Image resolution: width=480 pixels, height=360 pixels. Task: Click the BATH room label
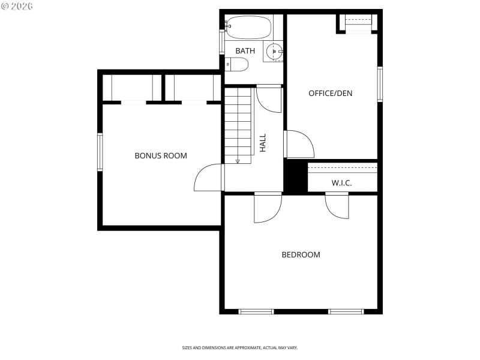(x=245, y=51)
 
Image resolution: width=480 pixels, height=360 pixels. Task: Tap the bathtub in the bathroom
(x=249, y=28)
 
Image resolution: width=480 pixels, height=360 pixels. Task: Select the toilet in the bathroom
(x=237, y=64)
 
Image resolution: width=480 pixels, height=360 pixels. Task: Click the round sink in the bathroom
(x=275, y=52)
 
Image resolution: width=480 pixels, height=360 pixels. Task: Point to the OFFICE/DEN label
(x=330, y=93)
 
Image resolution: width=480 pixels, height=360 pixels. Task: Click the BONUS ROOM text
(x=160, y=155)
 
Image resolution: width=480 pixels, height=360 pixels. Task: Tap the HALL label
(x=262, y=142)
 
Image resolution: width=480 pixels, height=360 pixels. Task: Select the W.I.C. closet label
(x=341, y=182)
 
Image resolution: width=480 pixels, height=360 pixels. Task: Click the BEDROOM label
(x=301, y=254)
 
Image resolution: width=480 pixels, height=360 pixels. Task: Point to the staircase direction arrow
(x=238, y=161)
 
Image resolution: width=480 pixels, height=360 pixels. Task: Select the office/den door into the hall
(x=299, y=143)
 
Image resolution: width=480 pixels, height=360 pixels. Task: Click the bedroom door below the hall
(x=268, y=208)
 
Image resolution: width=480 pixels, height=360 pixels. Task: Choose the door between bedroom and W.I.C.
(x=337, y=206)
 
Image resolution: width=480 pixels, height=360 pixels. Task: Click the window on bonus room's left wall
(x=100, y=152)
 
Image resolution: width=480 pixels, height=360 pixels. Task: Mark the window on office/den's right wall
(x=380, y=84)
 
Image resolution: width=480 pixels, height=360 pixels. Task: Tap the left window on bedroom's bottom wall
(x=256, y=311)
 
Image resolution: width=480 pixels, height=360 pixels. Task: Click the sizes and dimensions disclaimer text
(x=239, y=347)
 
